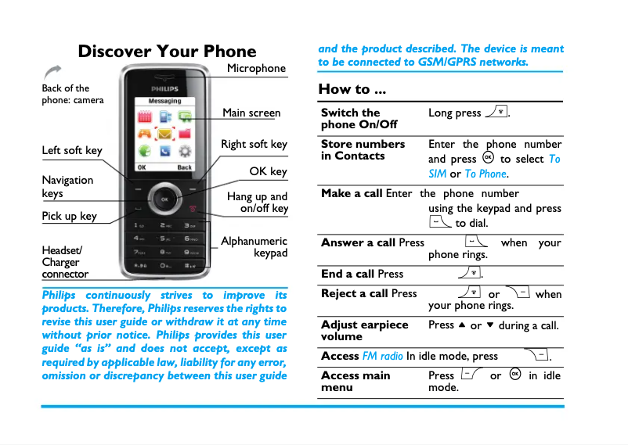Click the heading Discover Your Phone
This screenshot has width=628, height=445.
pos(167,52)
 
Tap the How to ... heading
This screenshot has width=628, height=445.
pos(352,88)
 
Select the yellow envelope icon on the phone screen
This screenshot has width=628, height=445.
pos(164,135)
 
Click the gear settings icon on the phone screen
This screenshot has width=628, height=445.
pos(184,152)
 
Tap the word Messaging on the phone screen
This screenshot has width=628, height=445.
pos(164,101)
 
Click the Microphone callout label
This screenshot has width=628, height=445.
pos(256,68)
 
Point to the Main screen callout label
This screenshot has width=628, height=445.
pos(251,113)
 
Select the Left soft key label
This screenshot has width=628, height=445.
pos(72,150)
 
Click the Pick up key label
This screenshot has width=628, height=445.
pos(69,216)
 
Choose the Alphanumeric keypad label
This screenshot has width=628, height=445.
pos(254,247)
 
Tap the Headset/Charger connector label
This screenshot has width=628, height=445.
pos(65,263)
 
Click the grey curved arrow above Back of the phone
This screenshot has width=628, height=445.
pos(54,73)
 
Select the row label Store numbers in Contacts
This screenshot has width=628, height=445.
pos(363,150)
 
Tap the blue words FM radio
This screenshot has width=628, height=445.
pos(382,356)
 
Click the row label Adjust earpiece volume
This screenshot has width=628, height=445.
pos(364,330)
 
